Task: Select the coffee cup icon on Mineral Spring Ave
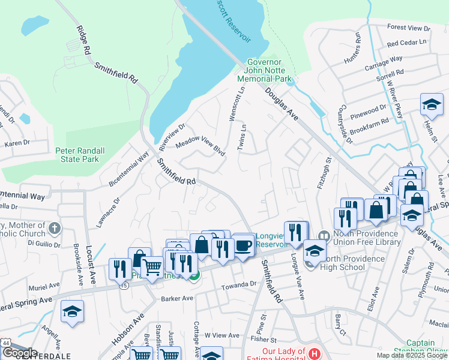tap(243, 246)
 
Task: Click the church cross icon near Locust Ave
tap(54, 228)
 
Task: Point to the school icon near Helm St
tap(432, 106)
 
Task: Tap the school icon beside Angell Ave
tap(72, 312)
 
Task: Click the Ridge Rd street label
tap(82, 41)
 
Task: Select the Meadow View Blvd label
tap(200, 145)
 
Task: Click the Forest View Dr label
tap(409, 28)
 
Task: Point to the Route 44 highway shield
tap(5, 341)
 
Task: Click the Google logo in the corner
tap(20, 353)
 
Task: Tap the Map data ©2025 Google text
tap(412, 355)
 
